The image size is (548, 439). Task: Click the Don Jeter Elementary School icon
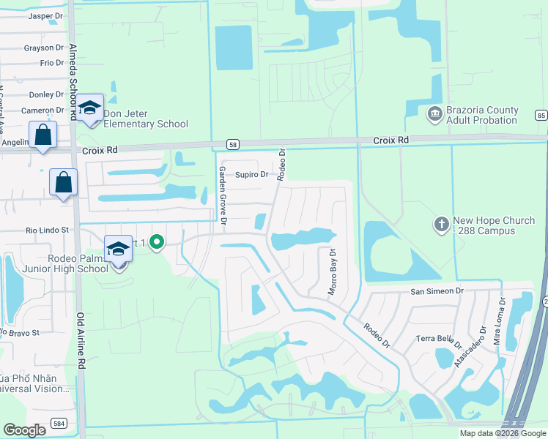pyautogui.click(x=90, y=108)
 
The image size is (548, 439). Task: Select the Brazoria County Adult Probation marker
pyautogui.click(x=434, y=113)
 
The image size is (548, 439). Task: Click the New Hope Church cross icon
pyautogui.click(x=441, y=224)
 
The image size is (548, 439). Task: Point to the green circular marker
pyautogui.click(x=156, y=241)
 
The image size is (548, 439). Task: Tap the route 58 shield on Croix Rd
pyautogui.click(x=232, y=144)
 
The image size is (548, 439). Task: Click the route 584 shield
pyautogui.click(x=59, y=423)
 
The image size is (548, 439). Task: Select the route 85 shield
pyautogui.click(x=541, y=115)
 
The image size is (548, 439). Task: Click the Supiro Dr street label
pyautogui.click(x=252, y=175)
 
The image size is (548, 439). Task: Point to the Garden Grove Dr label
pyautogui.click(x=222, y=195)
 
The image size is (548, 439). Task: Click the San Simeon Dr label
pyautogui.click(x=437, y=290)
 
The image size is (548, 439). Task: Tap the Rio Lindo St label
pyautogui.click(x=46, y=230)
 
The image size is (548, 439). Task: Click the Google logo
pyautogui.click(x=25, y=430)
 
